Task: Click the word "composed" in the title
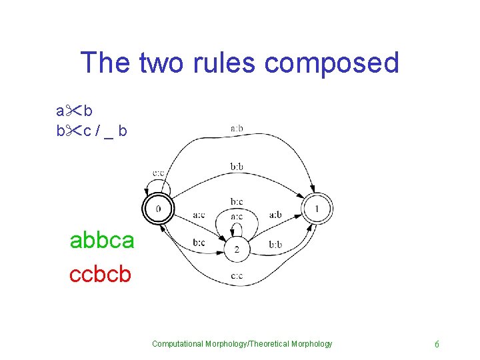pos(331,63)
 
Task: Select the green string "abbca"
pos(102,240)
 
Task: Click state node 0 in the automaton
pos(158,209)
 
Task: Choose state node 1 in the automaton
pos(317,209)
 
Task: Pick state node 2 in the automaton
pos(237,251)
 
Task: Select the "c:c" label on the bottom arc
pos(237,276)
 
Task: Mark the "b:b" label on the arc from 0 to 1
pos(237,167)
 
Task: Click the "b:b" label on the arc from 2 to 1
pos(275,245)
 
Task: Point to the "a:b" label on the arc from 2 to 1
pos(275,215)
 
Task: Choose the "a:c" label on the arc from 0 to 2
pos(199,215)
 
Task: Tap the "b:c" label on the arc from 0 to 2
pos(199,243)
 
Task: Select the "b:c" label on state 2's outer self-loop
pos(237,201)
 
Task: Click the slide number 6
pos(437,344)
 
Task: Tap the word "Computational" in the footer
pos(179,344)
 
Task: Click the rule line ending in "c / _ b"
pos(91,131)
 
